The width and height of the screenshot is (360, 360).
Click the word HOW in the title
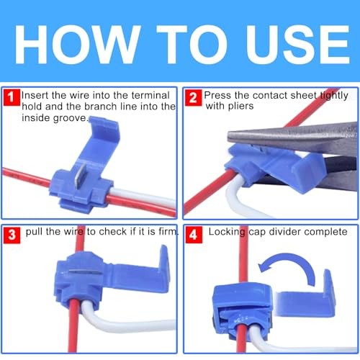(78, 45)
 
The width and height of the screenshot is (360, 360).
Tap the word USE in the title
(297, 45)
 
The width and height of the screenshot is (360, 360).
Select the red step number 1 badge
(11, 97)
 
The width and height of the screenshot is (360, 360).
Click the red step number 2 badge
(193, 97)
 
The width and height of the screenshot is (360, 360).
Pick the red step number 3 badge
(12, 235)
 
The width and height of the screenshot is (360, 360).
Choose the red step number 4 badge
(194, 235)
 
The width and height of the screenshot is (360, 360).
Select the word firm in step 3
(168, 231)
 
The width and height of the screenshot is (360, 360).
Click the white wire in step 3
(125, 323)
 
